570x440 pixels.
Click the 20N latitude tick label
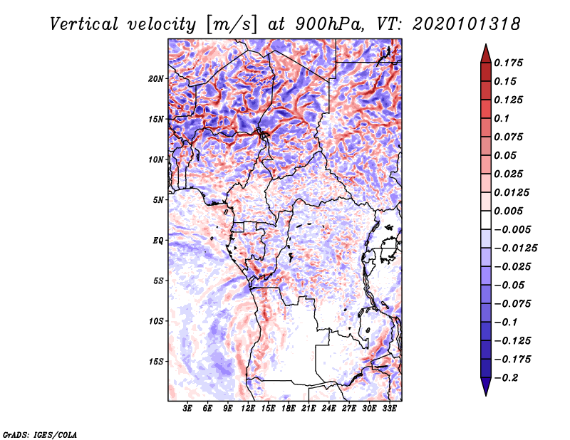pyautogui.click(x=156, y=78)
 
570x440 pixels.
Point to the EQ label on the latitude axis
pyautogui.click(x=158, y=241)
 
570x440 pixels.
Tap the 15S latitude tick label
pyautogui.click(x=156, y=362)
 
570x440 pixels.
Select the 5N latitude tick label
pyautogui.click(x=158, y=200)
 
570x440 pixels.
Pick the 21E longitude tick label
pyautogui.click(x=309, y=409)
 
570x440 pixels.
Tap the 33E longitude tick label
pyautogui.click(x=389, y=409)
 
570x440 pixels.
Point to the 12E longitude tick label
pyautogui.click(x=248, y=409)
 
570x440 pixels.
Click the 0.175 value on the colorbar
pyautogui.click(x=510, y=63)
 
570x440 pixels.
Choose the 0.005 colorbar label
pyautogui.click(x=510, y=211)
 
